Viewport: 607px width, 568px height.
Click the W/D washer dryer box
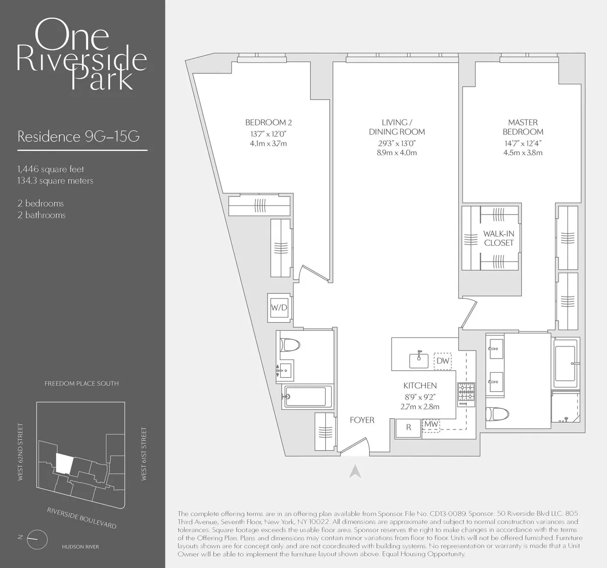coord(278,307)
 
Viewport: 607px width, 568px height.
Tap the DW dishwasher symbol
coord(443,361)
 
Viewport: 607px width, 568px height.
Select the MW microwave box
coord(431,424)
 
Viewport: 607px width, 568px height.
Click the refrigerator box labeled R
coord(409,427)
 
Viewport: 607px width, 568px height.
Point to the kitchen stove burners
coord(466,394)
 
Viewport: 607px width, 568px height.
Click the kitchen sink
coord(419,360)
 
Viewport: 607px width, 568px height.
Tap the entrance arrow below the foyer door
coord(355,471)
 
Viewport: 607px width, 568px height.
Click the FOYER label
coord(362,420)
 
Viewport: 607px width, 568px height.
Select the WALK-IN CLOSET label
coord(498,238)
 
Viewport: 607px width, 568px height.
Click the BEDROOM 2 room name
coord(268,122)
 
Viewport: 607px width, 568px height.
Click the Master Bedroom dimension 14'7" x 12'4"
coord(523,143)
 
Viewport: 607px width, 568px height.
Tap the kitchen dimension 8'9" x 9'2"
coord(420,397)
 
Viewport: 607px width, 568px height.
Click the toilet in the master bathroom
coord(494,414)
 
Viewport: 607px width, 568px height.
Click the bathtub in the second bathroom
coord(308,396)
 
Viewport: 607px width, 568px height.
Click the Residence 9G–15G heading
coord(78,137)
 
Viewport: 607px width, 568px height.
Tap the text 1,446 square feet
coord(51,169)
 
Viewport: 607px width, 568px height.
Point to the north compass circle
coord(36,538)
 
